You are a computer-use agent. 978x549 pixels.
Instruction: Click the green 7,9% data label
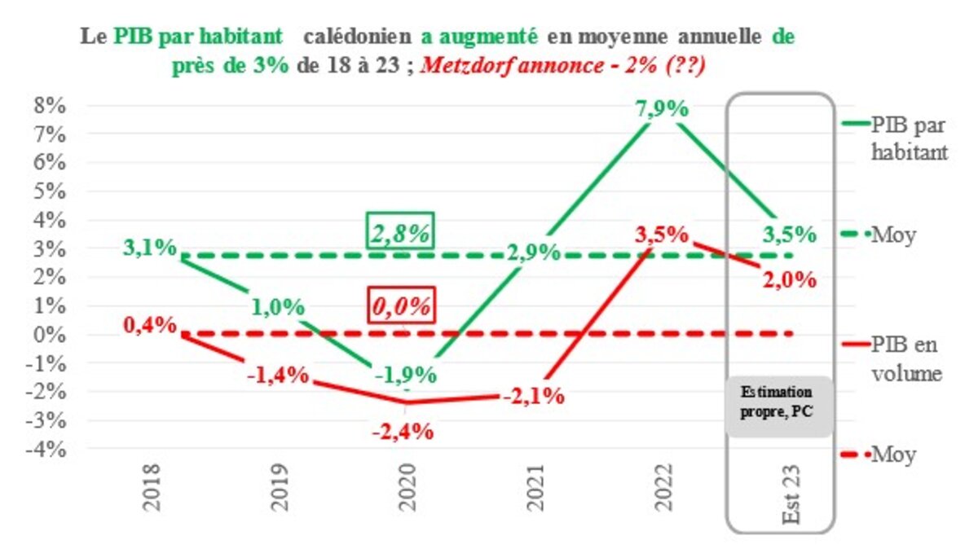[x=663, y=109]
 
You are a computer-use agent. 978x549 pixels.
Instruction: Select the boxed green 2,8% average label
[x=401, y=233]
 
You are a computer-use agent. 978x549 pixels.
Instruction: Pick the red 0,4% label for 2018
[x=151, y=324]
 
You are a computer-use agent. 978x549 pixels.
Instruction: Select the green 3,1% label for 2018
[x=151, y=246]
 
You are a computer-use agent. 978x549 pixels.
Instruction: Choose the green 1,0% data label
[x=278, y=307]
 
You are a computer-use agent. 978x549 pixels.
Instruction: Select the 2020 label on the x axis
[x=406, y=486]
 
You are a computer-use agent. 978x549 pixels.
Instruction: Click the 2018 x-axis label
[x=152, y=486]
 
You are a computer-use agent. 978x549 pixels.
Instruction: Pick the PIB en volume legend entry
[x=905, y=358]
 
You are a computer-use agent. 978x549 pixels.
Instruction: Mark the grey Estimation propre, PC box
[x=780, y=406]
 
